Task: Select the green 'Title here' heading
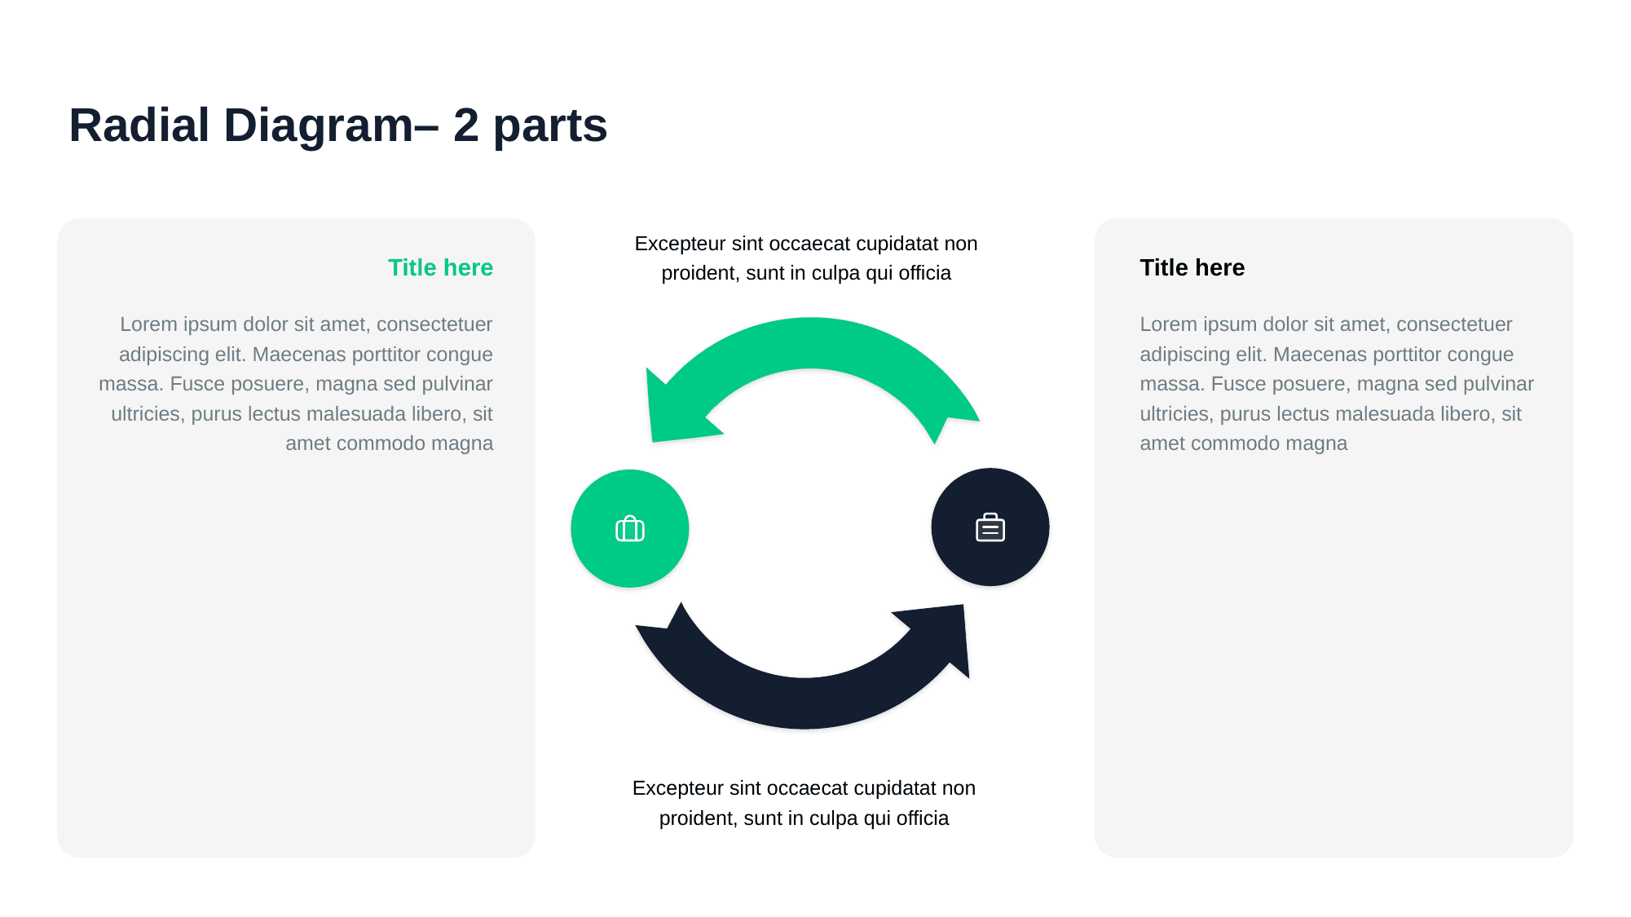click(x=440, y=267)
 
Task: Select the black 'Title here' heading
click(x=1192, y=267)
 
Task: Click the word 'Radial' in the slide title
click(x=139, y=126)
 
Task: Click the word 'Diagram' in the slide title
click(x=318, y=126)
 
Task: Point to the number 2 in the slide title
click(x=465, y=126)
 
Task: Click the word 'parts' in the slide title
click(x=550, y=127)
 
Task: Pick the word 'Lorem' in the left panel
click(x=148, y=324)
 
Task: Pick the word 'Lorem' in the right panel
click(x=1168, y=324)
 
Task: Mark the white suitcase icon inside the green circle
click(x=629, y=529)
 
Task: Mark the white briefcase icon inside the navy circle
click(x=990, y=527)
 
